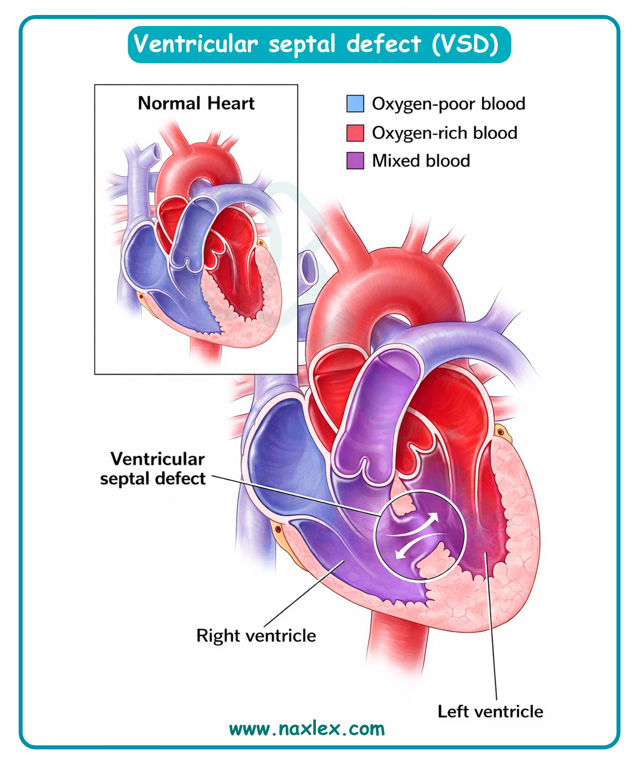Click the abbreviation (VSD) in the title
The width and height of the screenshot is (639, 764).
(x=465, y=44)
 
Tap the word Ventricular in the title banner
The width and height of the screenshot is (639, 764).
(x=196, y=44)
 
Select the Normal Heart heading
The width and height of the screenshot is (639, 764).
(x=196, y=103)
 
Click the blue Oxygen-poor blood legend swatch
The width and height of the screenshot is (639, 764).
(x=355, y=104)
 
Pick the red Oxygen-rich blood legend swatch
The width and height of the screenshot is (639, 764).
(x=355, y=133)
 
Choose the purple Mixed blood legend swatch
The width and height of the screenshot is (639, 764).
(x=355, y=161)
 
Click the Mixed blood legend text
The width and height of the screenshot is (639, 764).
(x=421, y=161)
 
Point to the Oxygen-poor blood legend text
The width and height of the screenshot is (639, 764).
(x=448, y=104)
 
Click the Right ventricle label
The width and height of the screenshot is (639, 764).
(x=256, y=636)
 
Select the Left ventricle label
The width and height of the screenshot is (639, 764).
(x=490, y=711)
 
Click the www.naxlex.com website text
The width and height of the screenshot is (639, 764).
(x=307, y=729)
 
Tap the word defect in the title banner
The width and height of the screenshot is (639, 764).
(x=384, y=44)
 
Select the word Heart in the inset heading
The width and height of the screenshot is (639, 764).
(x=231, y=103)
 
